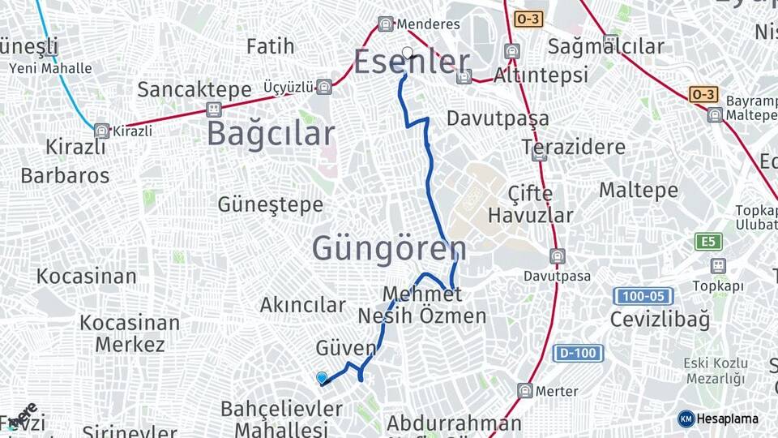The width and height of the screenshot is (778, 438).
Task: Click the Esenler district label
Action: (412, 62)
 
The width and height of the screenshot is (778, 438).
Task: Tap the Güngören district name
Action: (389, 249)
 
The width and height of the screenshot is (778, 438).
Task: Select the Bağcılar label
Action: (270, 134)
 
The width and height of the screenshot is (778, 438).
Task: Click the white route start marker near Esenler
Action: (408, 54)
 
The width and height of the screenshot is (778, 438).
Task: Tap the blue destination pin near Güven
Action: (322, 378)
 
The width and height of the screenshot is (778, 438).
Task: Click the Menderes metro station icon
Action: (386, 24)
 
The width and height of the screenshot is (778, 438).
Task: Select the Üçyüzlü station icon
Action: (324, 87)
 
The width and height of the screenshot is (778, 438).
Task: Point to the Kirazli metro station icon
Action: (101, 131)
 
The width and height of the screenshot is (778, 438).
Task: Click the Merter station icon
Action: (525, 390)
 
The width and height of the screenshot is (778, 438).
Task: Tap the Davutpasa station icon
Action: (558, 257)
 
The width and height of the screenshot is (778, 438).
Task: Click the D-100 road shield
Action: (578, 353)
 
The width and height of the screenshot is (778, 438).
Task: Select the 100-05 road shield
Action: (643, 296)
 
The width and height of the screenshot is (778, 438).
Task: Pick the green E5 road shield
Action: (708, 241)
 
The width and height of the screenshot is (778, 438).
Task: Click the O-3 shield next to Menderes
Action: (528, 18)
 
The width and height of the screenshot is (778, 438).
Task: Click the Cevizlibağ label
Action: (660, 319)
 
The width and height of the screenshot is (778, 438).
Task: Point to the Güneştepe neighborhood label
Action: (270, 205)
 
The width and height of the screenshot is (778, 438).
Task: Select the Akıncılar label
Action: (302, 305)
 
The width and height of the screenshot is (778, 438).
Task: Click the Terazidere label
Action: (573, 147)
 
